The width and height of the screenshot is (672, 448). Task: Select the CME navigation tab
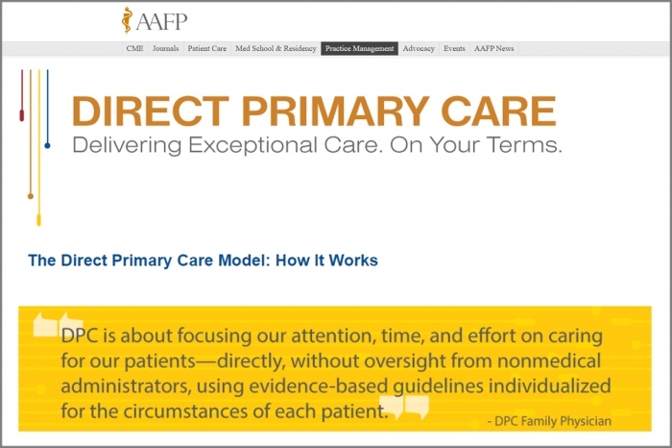135,48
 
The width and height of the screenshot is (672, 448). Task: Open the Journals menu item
166,48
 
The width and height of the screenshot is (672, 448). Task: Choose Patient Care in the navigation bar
206,48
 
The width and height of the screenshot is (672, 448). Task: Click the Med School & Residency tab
276,48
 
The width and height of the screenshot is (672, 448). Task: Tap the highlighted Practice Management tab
359,48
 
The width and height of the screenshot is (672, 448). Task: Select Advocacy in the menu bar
419,48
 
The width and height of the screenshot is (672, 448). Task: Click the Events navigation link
454,48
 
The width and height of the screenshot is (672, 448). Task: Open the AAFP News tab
493,48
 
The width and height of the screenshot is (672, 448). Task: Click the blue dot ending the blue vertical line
47,145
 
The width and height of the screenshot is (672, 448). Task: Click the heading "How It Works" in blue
326,261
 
